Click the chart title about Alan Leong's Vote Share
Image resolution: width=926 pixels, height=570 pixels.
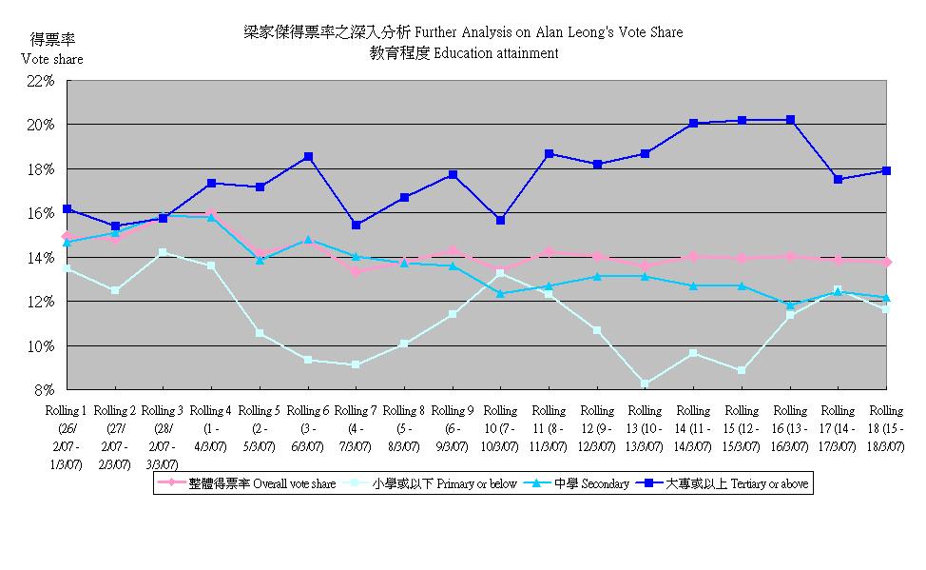[x=463, y=32]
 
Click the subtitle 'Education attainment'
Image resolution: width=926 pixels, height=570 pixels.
[x=464, y=53]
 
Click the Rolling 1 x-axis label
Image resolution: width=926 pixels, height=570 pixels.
[x=66, y=437]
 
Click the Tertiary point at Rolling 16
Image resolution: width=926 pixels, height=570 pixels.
[x=790, y=120]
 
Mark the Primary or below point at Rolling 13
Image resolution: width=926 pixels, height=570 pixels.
[x=646, y=384]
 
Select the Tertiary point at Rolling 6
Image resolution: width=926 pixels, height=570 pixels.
[x=308, y=157]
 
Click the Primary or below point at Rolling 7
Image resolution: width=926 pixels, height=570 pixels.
[x=356, y=364]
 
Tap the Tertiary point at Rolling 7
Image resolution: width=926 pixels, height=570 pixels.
[x=356, y=226]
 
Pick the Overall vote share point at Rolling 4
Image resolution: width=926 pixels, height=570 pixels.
[x=211, y=214]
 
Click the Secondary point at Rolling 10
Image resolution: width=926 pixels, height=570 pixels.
[x=500, y=293]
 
